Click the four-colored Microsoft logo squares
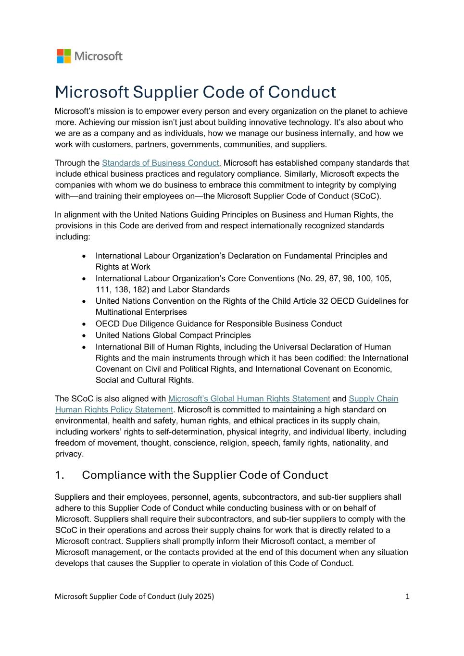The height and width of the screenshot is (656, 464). pos(63,56)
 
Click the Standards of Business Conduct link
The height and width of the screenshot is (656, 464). pos(160,163)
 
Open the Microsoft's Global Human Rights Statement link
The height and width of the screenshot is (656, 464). pos(249,398)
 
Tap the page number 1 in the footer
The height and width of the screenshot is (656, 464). pos(407,596)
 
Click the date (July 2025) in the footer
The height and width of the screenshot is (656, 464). pos(196,596)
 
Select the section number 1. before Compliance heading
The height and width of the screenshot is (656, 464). pos(60,475)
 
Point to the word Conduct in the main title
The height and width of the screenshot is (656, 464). pos(301,92)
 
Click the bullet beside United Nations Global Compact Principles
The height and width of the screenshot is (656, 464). pos(85,335)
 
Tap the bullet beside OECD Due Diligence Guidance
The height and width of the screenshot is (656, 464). pos(85,324)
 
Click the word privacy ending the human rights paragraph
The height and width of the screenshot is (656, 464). pos(68,454)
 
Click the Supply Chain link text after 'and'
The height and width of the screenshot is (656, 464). pos(373,398)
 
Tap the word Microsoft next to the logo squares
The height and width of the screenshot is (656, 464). pos(99,56)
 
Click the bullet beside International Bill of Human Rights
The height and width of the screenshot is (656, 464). pos(85,347)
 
